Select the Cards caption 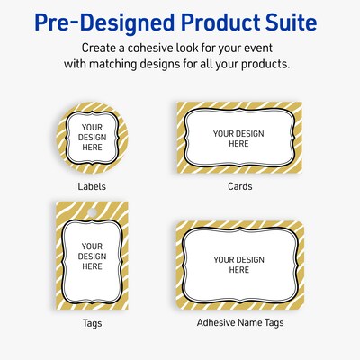pyautogui.click(x=239, y=186)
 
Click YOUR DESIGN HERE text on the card pyautogui.click(x=238, y=138)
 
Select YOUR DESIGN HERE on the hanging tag pyautogui.click(x=93, y=256)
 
